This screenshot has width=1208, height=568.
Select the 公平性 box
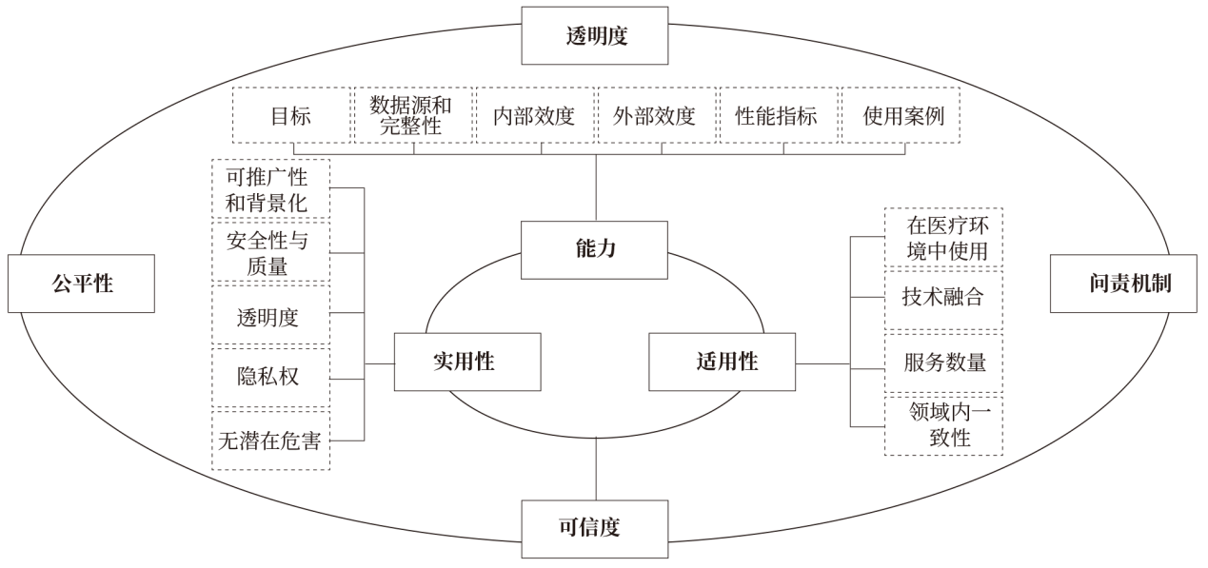pos(82,284)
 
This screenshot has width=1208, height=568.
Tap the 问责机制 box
pos(1123,284)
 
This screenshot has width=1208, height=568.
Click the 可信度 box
pos(581,528)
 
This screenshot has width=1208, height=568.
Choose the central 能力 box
pos(596,249)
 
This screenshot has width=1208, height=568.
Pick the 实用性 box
pos(466,362)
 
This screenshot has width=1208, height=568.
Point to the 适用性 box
pos(722,362)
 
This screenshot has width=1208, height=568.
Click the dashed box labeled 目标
pos(292,116)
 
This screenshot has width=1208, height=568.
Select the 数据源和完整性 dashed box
pos(414,116)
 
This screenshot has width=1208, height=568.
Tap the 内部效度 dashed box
pos(535,116)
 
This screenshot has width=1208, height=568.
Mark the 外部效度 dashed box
pos(657,116)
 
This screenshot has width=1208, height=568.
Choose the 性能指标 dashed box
pos(778,116)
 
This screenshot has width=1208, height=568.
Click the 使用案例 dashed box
pos(900,116)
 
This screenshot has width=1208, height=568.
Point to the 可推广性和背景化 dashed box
pos(271,188)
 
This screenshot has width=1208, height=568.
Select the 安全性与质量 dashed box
pos(271,252)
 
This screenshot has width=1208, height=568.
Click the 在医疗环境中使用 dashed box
pos(942,238)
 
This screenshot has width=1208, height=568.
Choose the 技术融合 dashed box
pos(942,298)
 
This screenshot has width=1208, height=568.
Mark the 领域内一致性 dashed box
pos(942,425)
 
